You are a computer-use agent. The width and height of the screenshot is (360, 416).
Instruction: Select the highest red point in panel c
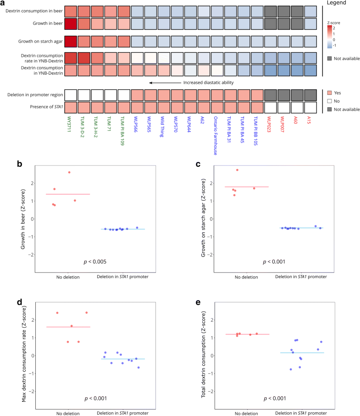(237, 170)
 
